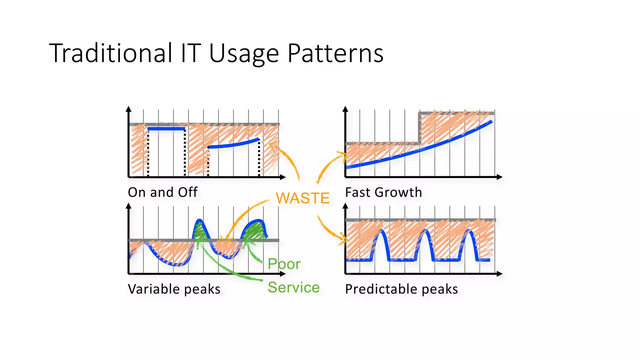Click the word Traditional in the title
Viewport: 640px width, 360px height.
pyautogui.click(x=111, y=53)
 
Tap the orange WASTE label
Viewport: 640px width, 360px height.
pyautogui.click(x=302, y=198)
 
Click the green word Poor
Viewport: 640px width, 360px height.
pyautogui.click(x=284, y=264)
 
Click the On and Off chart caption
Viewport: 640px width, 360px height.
pyautogui.click(x=162, y=192)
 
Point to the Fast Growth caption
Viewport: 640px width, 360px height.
pyautogui.click(x=383, y=192)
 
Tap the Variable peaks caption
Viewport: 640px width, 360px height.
pyautogui.click(x=174, y=289)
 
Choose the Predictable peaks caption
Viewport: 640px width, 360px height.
pyautogui.click(x=401, y=289)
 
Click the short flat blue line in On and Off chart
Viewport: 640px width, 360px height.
pyautogui.click(x=166, y=129)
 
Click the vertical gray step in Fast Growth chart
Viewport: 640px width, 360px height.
pyautogui.click(x=419, y=128)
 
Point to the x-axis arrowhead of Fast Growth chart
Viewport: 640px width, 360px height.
pyautogui.click(x=500, y=177)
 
